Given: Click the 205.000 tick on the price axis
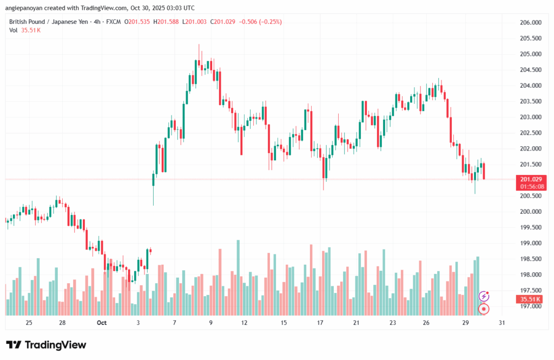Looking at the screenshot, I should (530, 54).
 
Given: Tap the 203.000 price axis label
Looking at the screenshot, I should (530, 117).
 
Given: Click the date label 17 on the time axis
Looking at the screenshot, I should (320, 323).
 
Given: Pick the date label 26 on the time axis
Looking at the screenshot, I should (426, 323).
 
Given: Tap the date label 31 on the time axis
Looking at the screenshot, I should (502, 323).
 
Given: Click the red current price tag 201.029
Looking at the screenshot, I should (532, 179).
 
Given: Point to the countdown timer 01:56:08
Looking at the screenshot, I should (532, 186).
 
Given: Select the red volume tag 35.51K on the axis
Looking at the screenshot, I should (532, 299).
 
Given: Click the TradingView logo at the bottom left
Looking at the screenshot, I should (45, 345).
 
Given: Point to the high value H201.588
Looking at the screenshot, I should (167, 22).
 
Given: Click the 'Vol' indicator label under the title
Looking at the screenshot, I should (13, 30).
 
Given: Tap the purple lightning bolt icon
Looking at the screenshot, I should (484, 296).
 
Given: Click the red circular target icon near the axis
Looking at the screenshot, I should (484, 309).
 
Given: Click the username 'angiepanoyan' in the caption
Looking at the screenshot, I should (24, 8).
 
